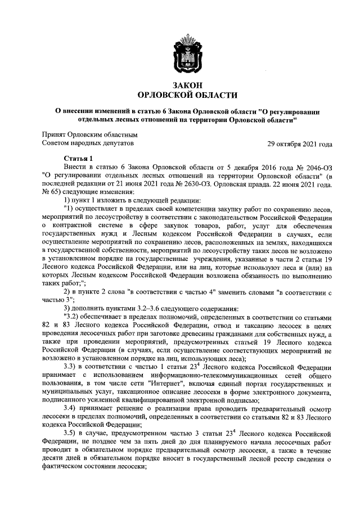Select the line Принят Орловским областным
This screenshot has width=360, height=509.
click(x=89, y=135)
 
